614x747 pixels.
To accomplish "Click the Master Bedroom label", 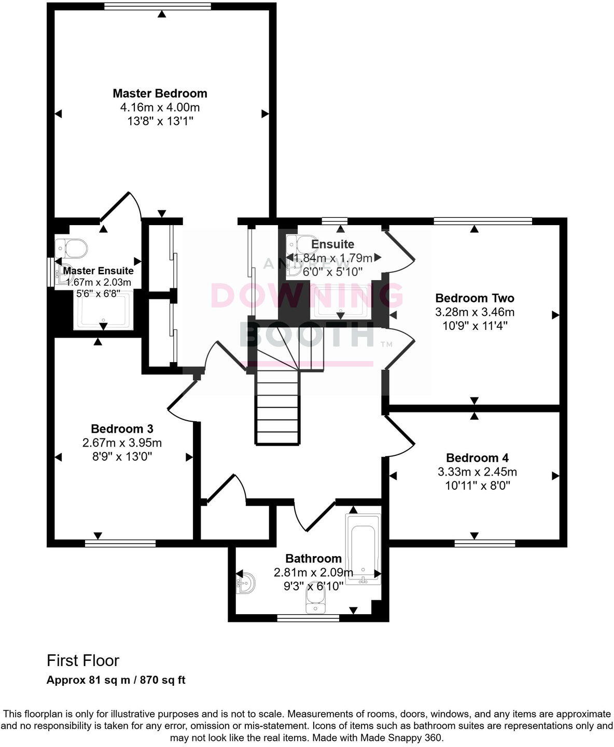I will [x=160, y=93].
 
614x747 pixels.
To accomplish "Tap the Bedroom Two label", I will [x=475, y=298].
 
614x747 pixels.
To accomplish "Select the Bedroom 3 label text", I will [x=122, y=429].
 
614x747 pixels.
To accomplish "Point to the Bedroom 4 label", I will [x=477, y=458].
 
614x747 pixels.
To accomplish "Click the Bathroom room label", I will [x=313, y=559].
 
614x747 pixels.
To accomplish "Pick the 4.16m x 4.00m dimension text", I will [x=160, y=107].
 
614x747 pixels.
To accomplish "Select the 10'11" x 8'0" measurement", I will [x=478, y=486].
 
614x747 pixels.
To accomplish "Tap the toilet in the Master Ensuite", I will [x=72, y=248].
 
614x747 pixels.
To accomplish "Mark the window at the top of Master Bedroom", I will [x=157, y=7].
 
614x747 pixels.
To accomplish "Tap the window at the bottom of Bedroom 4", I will [x=484, y=543].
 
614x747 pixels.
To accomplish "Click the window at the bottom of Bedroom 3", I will [x=120, y=543].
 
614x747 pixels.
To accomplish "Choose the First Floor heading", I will [x=83, y=661].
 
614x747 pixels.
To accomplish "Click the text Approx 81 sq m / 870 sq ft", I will [x=116, y=680].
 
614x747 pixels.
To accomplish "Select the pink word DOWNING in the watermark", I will [x=307, y=295].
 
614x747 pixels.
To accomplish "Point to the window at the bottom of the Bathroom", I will [x=308, y=618].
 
